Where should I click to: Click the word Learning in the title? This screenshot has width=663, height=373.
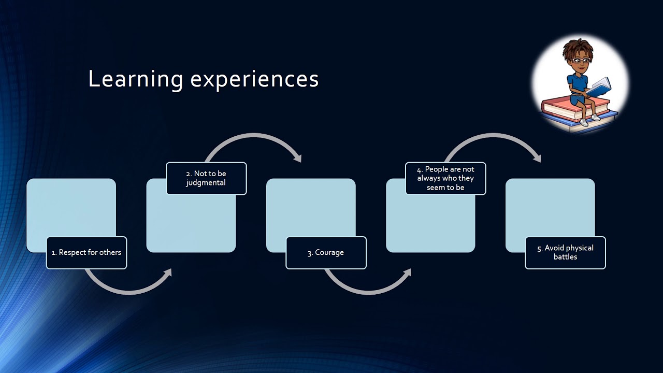click(135, 79)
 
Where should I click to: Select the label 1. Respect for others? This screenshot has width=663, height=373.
click(87, 253)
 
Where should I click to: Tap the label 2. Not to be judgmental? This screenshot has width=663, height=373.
click(206, 178)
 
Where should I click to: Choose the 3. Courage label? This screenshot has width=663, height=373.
click(326, 253)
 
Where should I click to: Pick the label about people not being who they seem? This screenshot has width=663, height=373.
click(445, 178)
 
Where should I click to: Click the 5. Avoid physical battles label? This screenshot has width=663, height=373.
click(565, 253)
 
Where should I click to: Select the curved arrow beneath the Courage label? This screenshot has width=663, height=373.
click(368, 291)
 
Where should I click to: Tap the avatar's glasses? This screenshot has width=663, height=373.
click(580, 61)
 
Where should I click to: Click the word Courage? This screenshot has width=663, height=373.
click(329, 253)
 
